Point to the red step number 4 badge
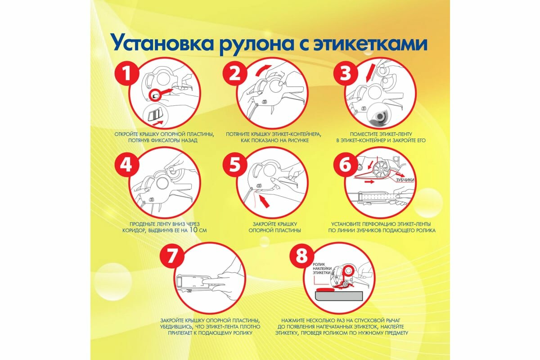pos(127,165)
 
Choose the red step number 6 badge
pos(345,165)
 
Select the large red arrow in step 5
pos(267,201)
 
